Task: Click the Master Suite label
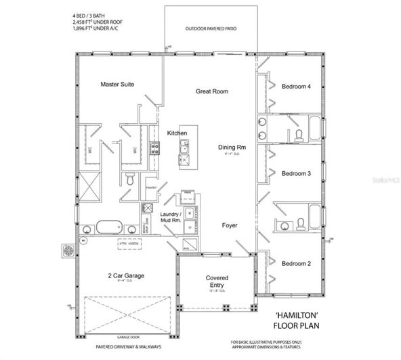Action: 117,85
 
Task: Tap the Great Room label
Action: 211,91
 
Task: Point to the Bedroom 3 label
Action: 296,174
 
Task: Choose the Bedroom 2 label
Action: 296,263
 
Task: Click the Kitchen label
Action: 177,133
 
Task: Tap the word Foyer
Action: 230,225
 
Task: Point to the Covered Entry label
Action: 217,282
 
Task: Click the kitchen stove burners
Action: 154,148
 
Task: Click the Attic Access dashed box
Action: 133,241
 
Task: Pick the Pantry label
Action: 151,187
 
